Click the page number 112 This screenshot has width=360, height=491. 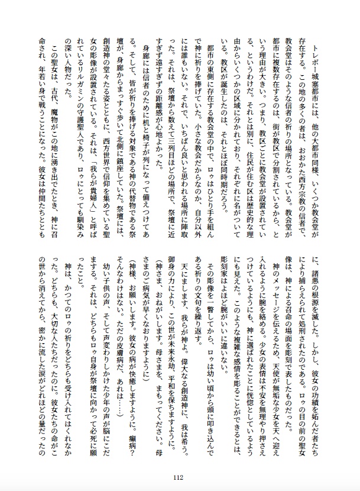(x=180, y=478)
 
